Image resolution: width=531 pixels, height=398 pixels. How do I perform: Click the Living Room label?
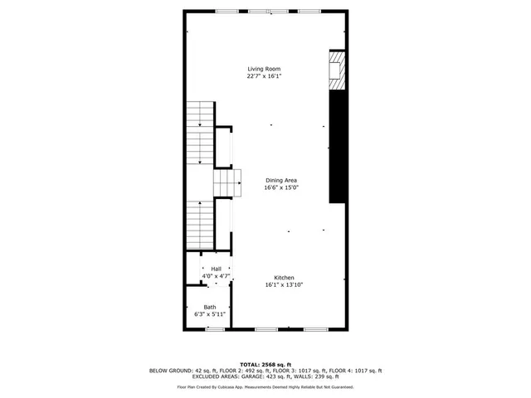point(263,69)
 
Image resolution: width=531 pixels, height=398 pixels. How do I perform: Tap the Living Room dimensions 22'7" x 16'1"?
point(263,76)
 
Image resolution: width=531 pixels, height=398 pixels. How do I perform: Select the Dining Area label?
point(281,180)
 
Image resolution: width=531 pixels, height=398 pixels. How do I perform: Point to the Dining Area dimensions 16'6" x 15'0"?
point(281,187)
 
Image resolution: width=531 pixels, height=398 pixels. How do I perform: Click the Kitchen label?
point(284,278)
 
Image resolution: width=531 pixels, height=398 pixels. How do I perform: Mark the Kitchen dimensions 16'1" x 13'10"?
point(284,285)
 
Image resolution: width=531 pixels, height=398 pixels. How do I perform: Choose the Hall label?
point(216,269)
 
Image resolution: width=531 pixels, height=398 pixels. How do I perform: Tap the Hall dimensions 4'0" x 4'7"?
point(216,275)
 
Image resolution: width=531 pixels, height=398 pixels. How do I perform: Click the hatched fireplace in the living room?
point(337,70)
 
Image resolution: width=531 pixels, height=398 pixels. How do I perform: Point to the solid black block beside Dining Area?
point(337,146)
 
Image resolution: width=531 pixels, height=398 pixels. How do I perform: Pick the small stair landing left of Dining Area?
point(227,181)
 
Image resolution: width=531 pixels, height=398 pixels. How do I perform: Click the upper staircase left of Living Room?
point(200,133)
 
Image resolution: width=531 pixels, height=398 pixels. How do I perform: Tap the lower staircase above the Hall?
point(200,224)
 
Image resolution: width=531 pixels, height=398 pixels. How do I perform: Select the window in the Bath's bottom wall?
point(215,329)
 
